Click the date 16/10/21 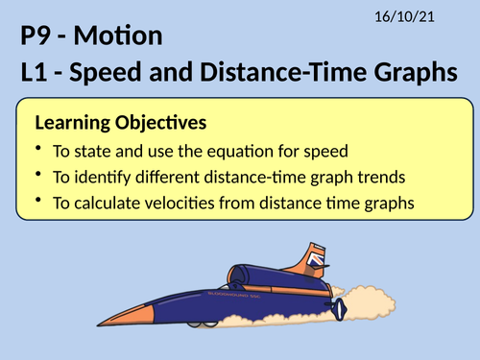(425, 15)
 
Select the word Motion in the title (123, 38)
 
